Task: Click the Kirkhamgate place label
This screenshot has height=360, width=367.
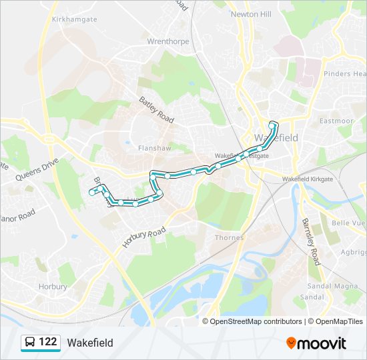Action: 74,20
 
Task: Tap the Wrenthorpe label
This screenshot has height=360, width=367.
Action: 168,41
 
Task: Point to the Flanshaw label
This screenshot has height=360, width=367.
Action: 150,148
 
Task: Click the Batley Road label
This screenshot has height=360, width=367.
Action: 156,110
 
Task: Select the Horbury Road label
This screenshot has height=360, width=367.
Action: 143,237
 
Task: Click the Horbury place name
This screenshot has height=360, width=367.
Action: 52,287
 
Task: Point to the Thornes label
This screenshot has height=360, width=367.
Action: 229,237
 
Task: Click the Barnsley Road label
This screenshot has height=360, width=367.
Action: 311,241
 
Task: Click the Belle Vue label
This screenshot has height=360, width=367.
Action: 350,223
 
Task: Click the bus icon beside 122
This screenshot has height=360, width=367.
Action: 30,343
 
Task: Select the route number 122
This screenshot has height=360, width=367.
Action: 47,342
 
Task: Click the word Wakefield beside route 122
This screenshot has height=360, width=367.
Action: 90,343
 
